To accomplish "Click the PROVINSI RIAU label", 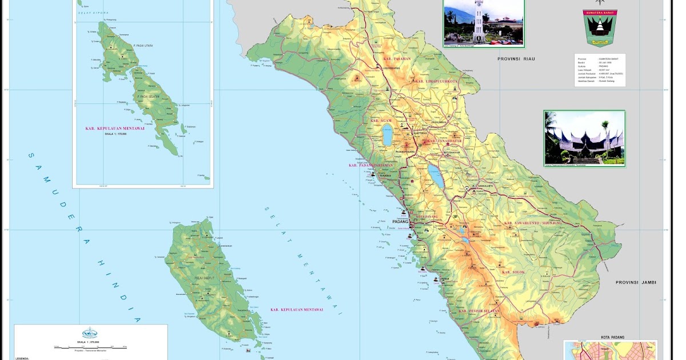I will click(516, 59).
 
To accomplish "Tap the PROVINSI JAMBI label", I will click(636, 282).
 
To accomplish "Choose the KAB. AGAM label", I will click(382, 121).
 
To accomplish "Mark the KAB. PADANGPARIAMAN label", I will click(371, 165).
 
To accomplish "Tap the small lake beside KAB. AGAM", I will click(387, 136).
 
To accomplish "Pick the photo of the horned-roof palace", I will click(584, 139).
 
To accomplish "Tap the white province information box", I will click(600, 70).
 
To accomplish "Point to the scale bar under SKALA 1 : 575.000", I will click(90, 347).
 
